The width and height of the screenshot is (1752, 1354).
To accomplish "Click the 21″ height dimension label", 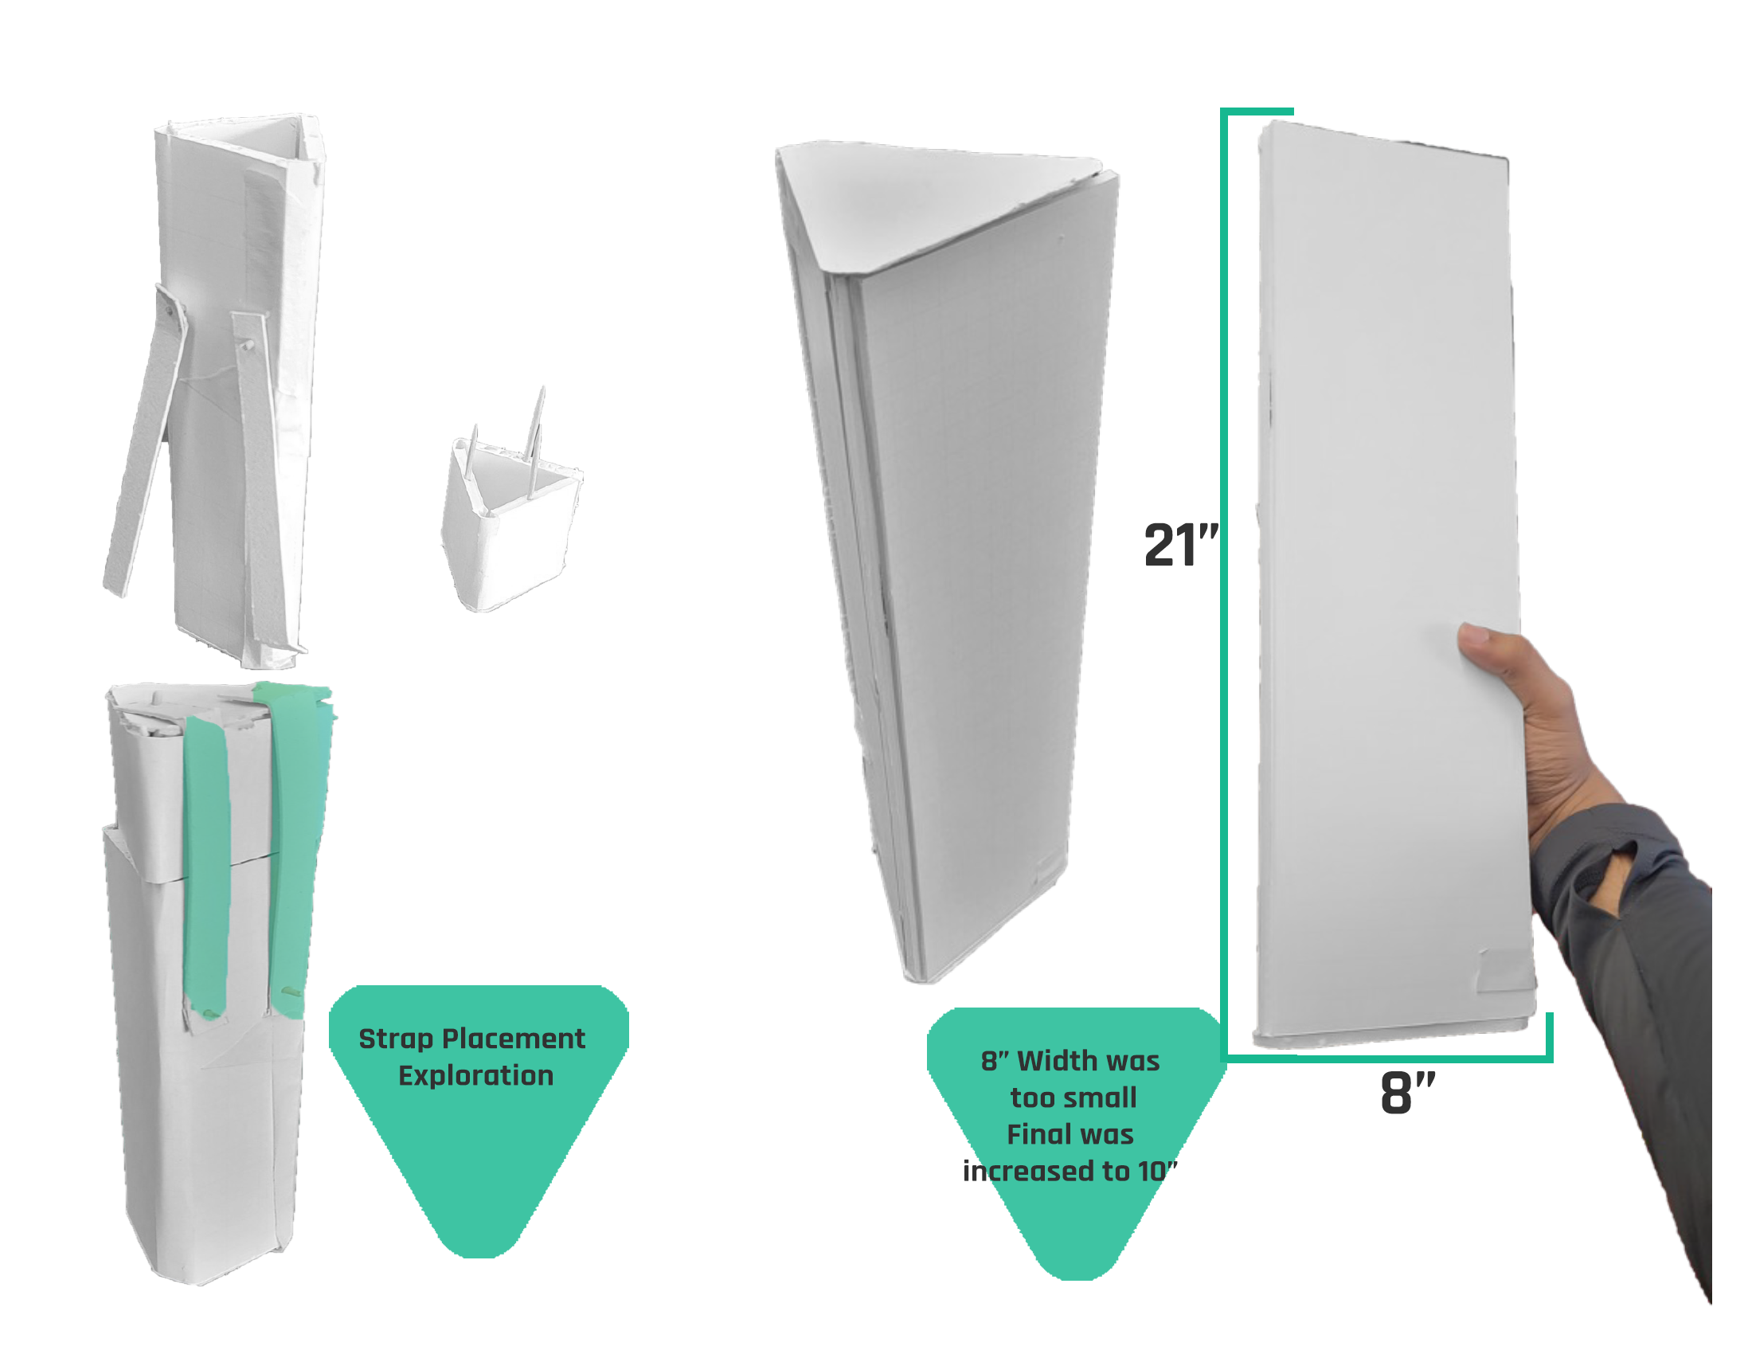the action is click(1181, 545).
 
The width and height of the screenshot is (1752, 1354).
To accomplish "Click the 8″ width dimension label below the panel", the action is click(1407, 1092).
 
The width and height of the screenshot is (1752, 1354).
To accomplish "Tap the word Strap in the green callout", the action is click(396, 1039).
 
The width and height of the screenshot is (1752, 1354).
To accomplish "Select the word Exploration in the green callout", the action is click(475, 1076).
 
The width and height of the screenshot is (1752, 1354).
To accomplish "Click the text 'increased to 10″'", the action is click(1070, 1171).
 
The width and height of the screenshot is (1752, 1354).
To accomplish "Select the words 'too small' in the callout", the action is click(1073, 1098).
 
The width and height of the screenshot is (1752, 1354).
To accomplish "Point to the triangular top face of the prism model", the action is click(935, 197).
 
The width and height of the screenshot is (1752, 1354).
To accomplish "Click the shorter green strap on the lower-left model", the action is click(207, 867).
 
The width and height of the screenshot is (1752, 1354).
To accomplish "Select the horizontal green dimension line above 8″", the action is click(1386, 1059).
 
